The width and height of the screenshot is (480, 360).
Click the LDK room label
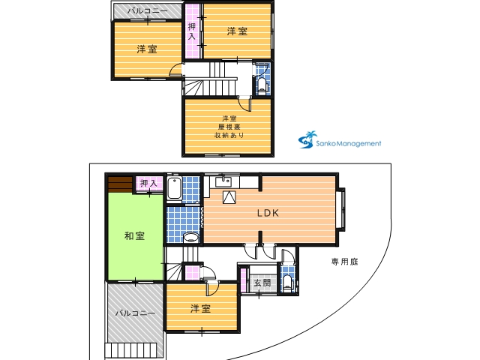[x=268, y=213]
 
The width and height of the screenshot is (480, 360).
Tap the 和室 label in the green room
[x=135, y=235]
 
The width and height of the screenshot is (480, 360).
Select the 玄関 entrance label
[x=262, y=283]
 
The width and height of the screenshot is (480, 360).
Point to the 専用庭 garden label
[x=345, y=262]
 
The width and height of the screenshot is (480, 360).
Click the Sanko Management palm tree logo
[x=307, y=140]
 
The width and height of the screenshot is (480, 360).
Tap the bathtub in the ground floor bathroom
[x=175, y=188]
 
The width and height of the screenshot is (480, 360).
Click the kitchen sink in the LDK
[x=223, y=181]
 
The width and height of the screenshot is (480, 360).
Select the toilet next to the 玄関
[x=287, y=283]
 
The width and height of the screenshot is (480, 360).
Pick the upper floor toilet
[x=262, y=85]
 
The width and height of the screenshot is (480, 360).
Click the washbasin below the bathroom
[x=191, y=237]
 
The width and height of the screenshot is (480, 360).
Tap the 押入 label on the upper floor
[x=192, y=31]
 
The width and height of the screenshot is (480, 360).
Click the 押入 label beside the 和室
[x=148, y=183]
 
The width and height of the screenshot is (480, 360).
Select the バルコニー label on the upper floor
[x=148, y=11]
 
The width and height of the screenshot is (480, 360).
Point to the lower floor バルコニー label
[x=136, y=313]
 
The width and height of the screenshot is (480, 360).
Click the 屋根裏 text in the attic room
[x=229, y=127]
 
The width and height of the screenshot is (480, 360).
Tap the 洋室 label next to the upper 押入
[x=237, y=31]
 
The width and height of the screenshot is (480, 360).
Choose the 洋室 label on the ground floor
[x=200, y=308]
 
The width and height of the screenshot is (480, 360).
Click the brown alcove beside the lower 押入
[x=120, y=184]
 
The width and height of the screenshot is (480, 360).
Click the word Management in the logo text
[x=358, y=143]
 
